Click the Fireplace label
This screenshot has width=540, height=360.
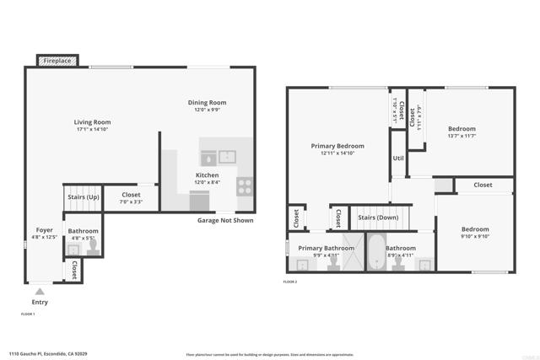click(x=57, y=62)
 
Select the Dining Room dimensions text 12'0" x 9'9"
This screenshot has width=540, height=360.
click(x=207, y=110)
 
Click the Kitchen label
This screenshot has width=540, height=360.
click(x=207, y=175)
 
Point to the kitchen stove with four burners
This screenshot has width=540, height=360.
click(x=246, y=185)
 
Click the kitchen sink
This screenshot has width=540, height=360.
click(x=226, y=156)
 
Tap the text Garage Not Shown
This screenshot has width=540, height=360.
click(x=225, y=220)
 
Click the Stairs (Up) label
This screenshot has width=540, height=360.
click(x=83, y=198)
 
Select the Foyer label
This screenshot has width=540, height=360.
click(x=45, y=230)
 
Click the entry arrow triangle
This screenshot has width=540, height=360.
click(x=40, y=292)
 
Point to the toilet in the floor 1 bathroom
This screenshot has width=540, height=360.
click(x=93, y=246)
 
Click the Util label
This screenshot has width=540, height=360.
click(x=398, y=158)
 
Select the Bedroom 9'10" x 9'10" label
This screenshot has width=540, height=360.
click(x=473, y=229)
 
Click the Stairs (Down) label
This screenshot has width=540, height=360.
click(x=378, y=218)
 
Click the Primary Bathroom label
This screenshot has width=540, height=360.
click(x=321, y=248)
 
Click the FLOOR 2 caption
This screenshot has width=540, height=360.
click(x=291, y=282)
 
